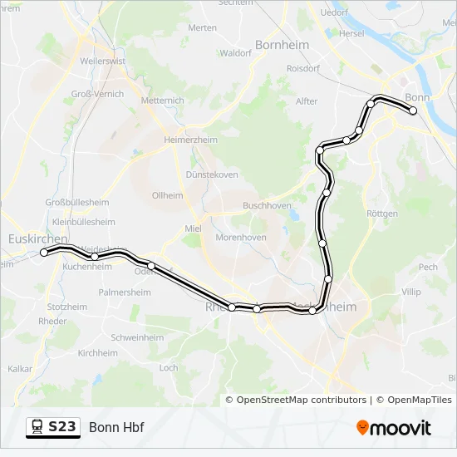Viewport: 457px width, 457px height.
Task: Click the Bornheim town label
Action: click(x=282, y=45)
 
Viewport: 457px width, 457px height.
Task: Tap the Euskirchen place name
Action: click(x=37, y=238)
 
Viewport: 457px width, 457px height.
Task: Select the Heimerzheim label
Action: click(x=190, y=140)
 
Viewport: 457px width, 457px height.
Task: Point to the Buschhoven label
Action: click(x=267, y=204)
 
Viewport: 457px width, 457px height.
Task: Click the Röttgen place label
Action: click(x=382, y=214)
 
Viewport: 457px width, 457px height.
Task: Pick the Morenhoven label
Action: click(x=241, y=238)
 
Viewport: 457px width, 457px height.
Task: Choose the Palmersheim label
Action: click(x=125, y=292)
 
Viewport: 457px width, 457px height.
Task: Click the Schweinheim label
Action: click(x=137, y=337)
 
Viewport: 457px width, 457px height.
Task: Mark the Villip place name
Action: click(x=410, y=292)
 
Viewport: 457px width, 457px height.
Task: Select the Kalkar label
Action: click(x=20, y=368)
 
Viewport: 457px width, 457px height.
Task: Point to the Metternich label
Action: click(x=163, y=101)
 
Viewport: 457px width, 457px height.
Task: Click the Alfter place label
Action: click(x=307, y=101)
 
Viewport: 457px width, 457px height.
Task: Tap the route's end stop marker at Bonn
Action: click(x=413, y=111)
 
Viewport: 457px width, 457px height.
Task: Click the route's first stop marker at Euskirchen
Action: click(x=44, y=253)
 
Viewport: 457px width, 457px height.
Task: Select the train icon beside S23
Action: click(x=37, y=427)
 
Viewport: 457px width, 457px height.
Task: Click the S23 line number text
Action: click(x=61, y=427)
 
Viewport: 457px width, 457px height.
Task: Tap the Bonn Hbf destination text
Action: click(x=116, y=427)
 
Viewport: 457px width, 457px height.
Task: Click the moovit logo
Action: click(x=394, y=428)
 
